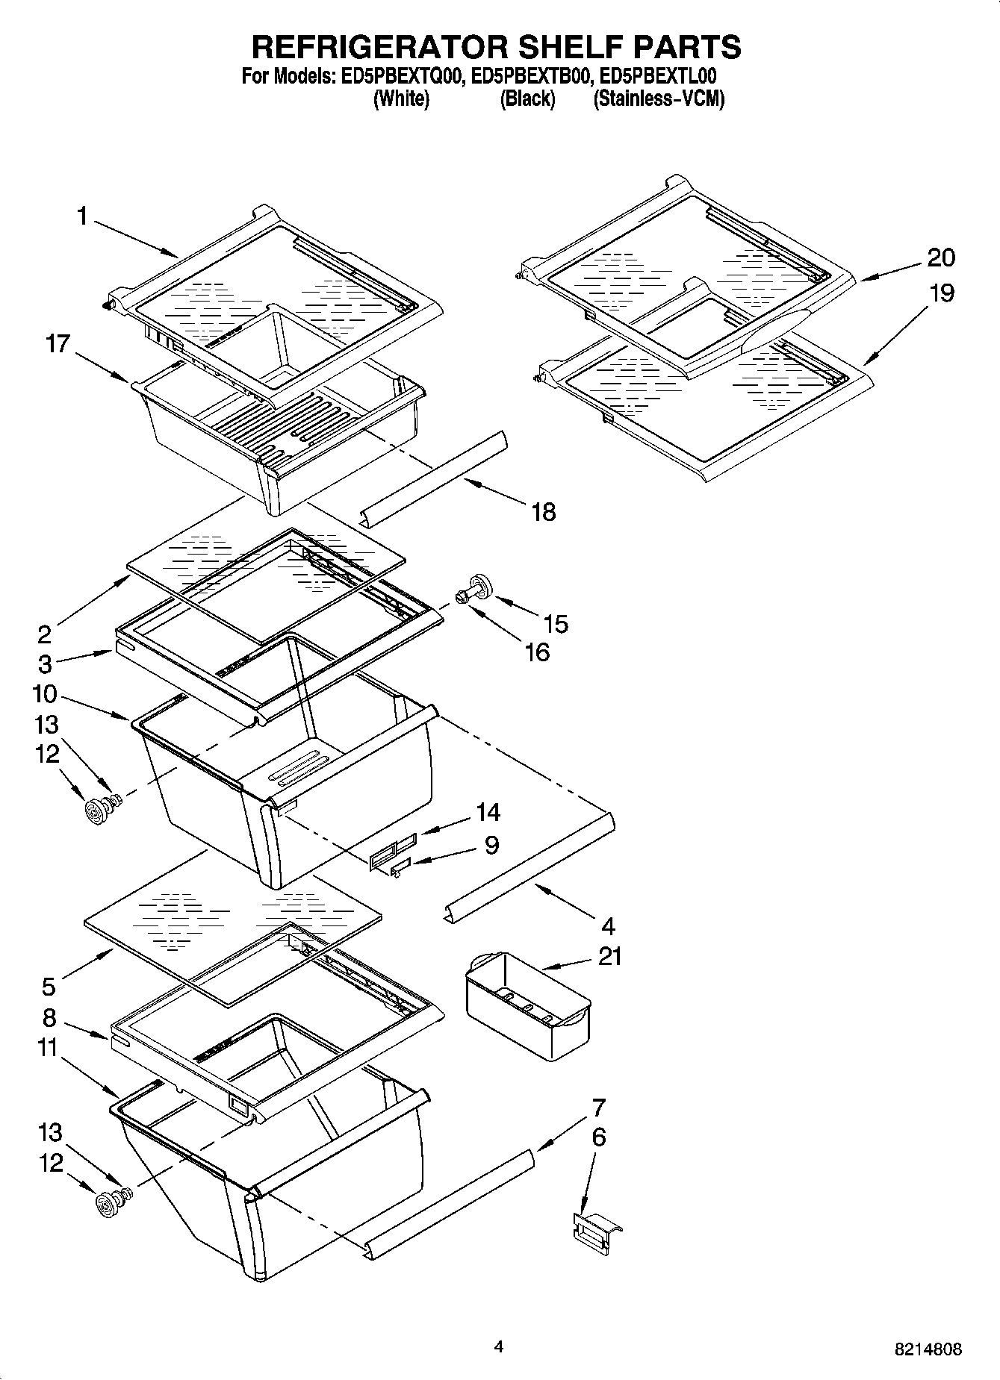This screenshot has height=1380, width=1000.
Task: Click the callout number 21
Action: coord(610,956)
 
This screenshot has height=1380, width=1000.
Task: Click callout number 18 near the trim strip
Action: coord(544,512)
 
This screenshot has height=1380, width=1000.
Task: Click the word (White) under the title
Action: coord(401,99)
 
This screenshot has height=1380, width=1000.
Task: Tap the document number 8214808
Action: coord(928,1349)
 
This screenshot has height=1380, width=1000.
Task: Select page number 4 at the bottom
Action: coord(498,1348)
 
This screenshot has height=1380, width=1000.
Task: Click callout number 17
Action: coord(58,344)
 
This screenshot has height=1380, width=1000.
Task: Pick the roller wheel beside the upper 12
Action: coord(95,811)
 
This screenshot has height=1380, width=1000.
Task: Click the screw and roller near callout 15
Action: coord(473,588)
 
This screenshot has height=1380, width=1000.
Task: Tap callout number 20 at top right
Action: coord(941,257)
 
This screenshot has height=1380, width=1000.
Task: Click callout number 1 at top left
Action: coord(82,216)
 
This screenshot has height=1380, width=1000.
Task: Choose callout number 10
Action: coord(45,694)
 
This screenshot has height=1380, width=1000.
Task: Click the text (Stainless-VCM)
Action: coord(659,99)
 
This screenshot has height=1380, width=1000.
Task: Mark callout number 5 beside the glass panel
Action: coord(49,987)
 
